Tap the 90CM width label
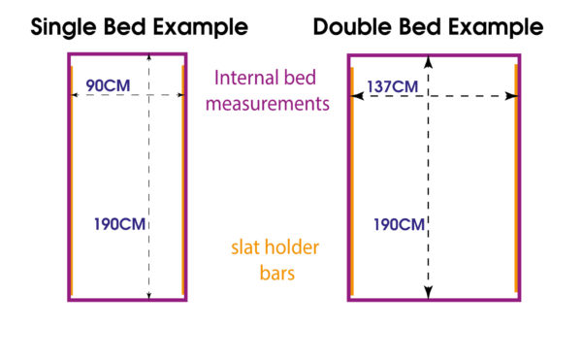[x=108, y=86]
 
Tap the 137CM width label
[x=392, y=87]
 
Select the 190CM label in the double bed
[x=399, y=225]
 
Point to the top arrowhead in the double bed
[x=429, y=62]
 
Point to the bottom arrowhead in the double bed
[x=429, y=292]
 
